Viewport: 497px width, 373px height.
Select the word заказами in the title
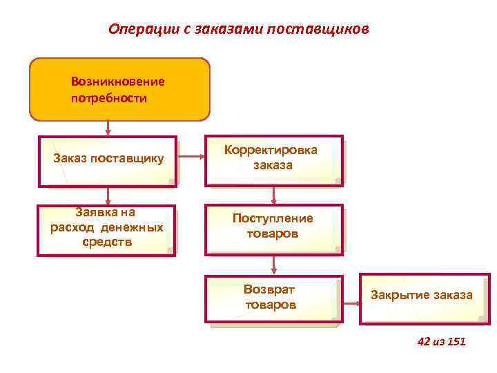pos(237,30)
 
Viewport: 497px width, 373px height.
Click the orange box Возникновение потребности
pos(119,89)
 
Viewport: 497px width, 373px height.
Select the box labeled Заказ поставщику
pos(108,160)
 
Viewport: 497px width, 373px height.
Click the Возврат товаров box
pos(273,299)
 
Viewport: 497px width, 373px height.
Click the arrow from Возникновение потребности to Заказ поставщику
pos(108,127)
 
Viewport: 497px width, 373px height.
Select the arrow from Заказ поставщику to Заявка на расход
pos(108,195)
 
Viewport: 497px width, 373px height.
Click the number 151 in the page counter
pos(457,341)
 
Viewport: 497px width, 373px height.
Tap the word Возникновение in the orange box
pos(117,82)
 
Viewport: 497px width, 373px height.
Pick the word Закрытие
pos(401,296)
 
